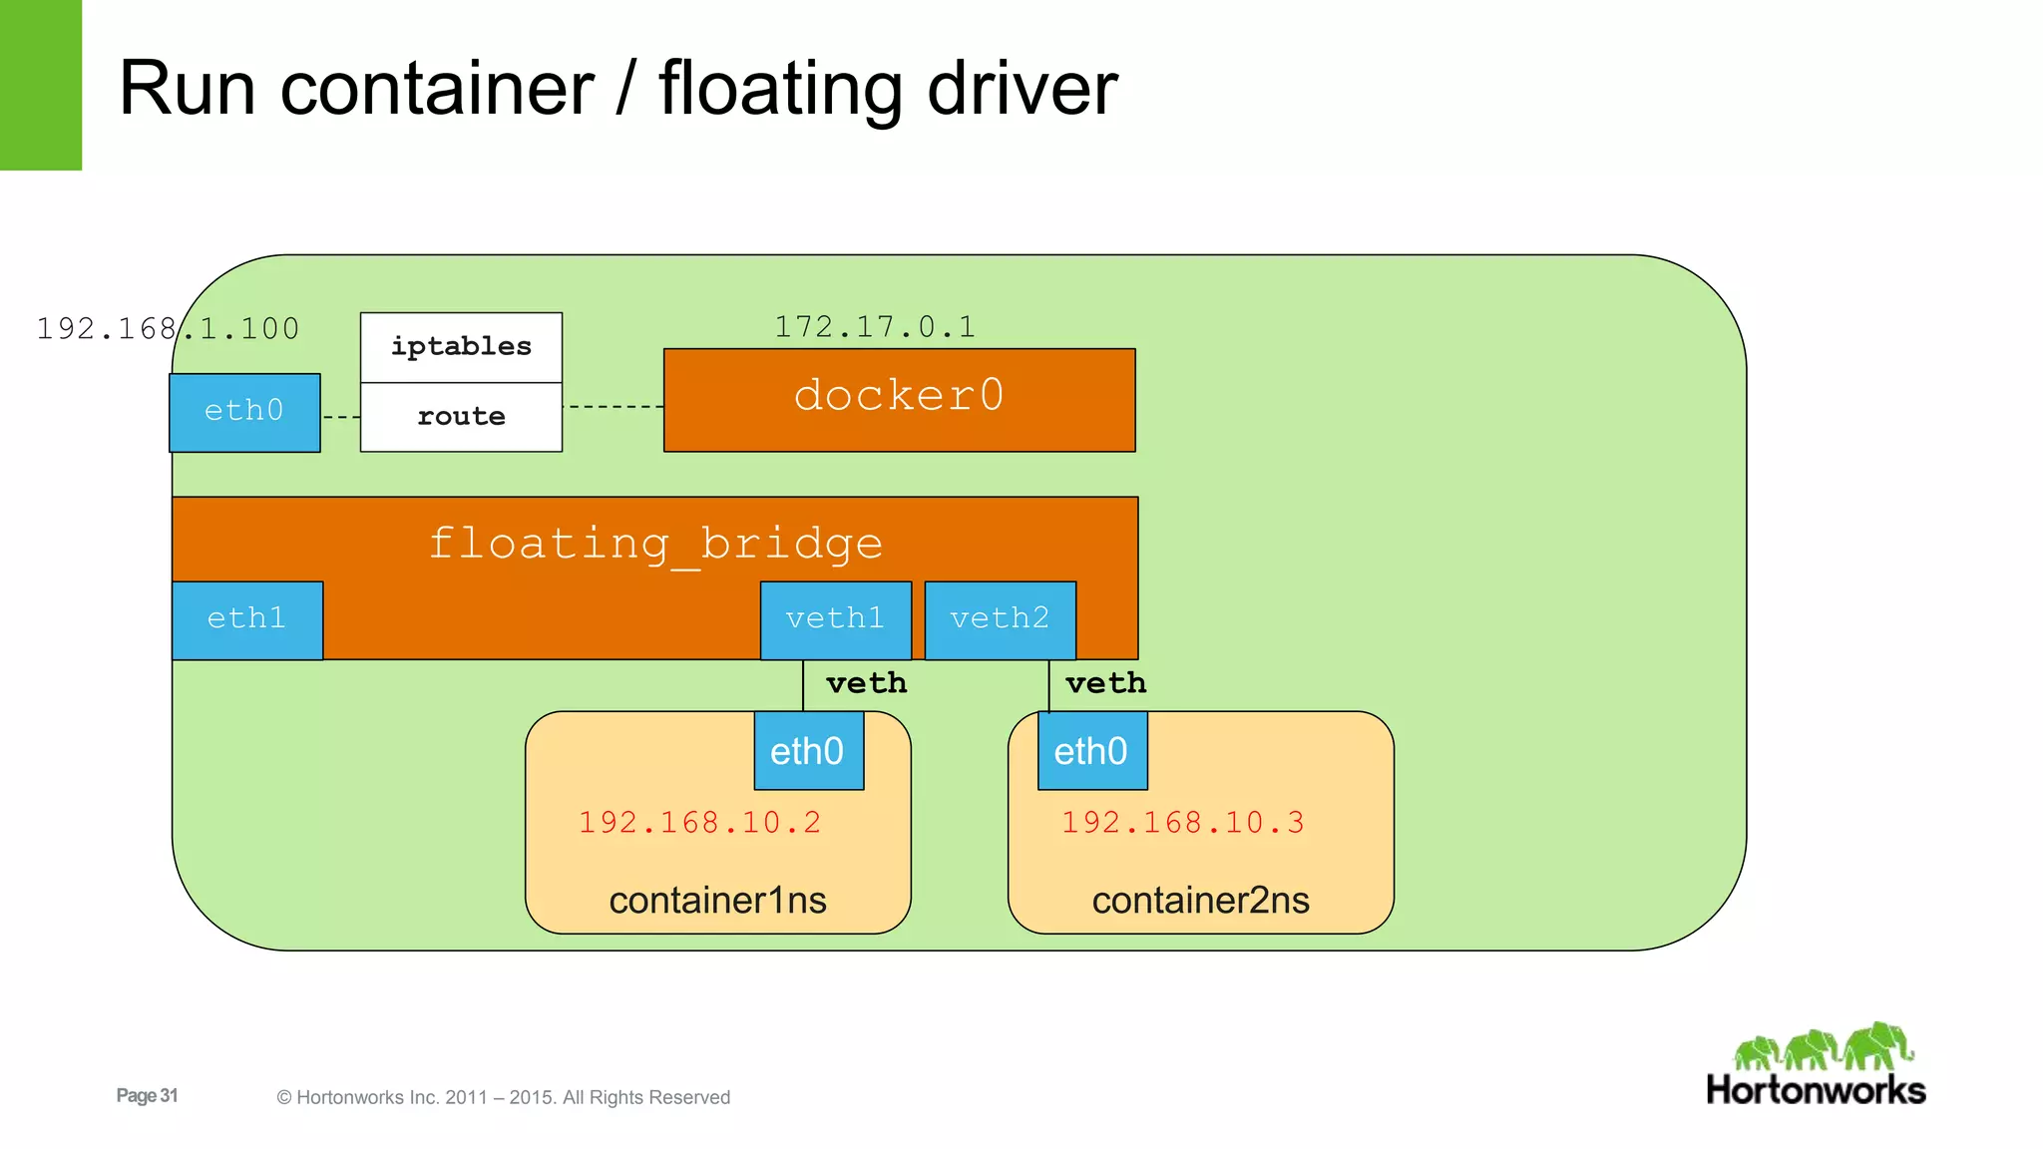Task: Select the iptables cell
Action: (461, 346)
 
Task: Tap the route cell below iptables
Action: (461, 417)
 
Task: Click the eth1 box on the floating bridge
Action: (246, 619)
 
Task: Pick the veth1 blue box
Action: (835, 619)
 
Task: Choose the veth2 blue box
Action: (1000, 619)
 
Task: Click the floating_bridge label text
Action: (655, 544)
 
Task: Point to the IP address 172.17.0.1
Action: (875, 327)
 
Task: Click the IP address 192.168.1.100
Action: (168, 329)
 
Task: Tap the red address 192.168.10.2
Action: (699, 823)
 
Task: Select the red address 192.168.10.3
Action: (1182, 823)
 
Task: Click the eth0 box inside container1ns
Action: (808, 751)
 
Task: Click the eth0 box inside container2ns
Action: (1091, 751)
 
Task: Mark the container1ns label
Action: (717, 901)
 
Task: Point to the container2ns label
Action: (1200, 901)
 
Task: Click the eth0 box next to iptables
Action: (244, 412)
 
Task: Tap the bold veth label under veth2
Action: (1105, 683)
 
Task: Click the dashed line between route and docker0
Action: (613, 407)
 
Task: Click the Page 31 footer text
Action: (147, 1095)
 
